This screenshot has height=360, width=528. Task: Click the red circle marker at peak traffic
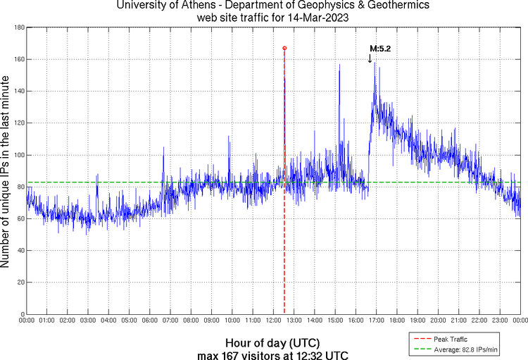tap(284, 48)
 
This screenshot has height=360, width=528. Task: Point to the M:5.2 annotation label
tap(380, 49)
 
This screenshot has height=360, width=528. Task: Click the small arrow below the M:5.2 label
tap(370, 58)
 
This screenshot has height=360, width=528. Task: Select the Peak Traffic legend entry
tap(448, 339)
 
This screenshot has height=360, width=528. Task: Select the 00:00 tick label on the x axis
tap(27, 321)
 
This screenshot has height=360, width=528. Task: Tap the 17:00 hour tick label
tap(376, 321)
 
